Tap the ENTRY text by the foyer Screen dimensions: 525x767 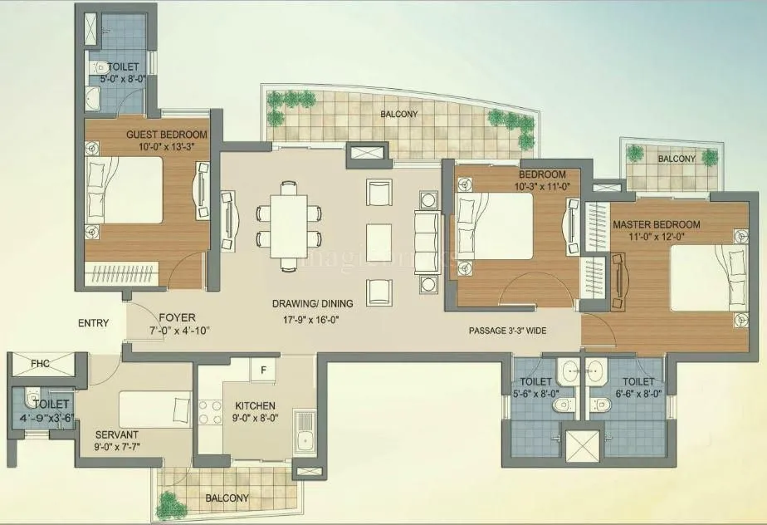coord(93,323)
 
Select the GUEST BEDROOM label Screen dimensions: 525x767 coord(167,134)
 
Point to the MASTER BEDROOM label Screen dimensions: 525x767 coord(656,224)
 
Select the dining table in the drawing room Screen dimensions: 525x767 coord(289,225)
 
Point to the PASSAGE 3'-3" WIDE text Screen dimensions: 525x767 coord(507,331)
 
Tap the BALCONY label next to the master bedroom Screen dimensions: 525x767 coord(677,159)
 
